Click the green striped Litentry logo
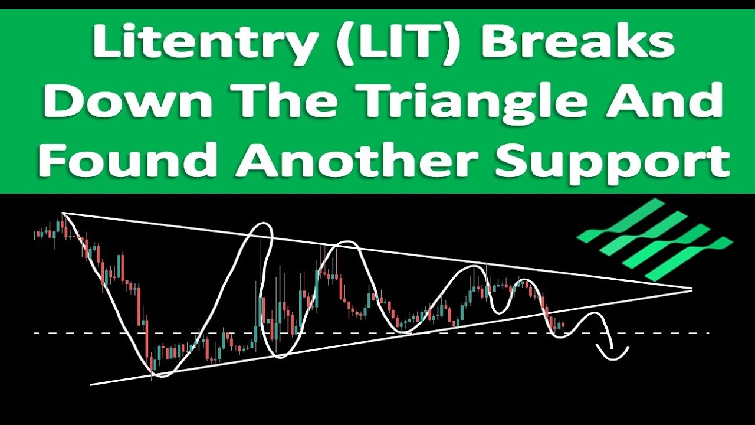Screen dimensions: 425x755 [x=654, y=238]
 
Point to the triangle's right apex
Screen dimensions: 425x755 [x=691, y=289]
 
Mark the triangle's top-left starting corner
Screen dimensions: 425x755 [x=63, y=213]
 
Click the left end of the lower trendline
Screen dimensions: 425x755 [x=91, y=385]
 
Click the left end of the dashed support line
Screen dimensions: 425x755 [x=35, y=334]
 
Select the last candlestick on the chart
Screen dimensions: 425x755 [x=563, y=324]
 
